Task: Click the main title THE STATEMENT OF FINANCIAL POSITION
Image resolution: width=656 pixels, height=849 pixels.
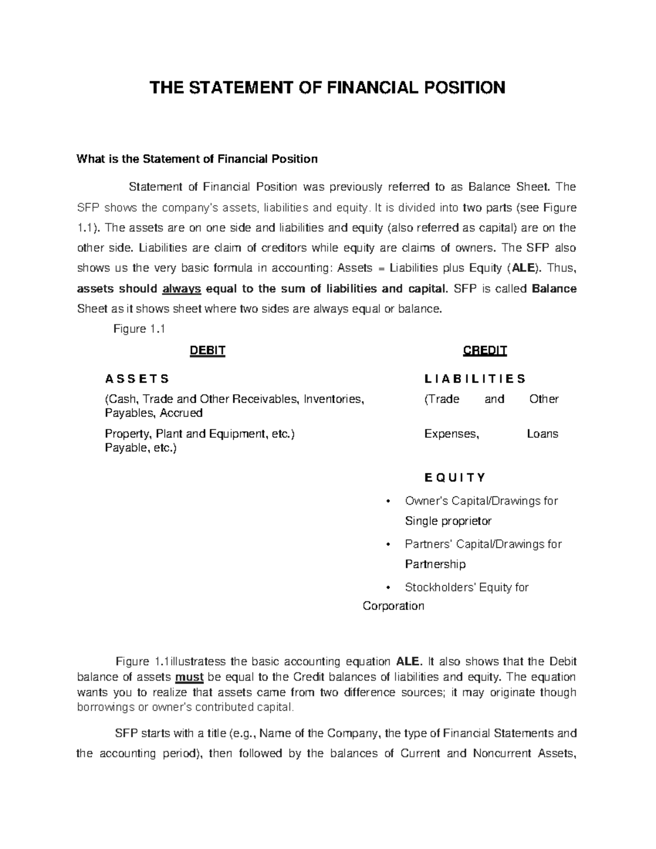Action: (328, 87)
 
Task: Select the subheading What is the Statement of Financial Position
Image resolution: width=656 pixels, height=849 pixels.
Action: (197, 159)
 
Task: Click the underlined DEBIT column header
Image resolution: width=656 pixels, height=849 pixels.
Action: (207, 351)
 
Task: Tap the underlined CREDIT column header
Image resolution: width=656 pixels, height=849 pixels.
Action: (485, 351)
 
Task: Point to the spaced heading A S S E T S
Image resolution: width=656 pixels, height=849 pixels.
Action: (137, 379)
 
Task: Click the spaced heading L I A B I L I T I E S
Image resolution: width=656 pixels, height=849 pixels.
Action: (475, 379)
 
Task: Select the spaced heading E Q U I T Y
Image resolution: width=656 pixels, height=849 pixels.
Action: (454, 478)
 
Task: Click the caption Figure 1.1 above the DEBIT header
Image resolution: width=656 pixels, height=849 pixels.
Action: (139, 329)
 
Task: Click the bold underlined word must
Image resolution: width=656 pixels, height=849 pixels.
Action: (189, 677)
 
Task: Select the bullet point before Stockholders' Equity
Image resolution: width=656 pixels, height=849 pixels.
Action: (388, 588)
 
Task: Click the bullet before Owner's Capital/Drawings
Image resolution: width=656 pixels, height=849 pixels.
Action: (388, 501)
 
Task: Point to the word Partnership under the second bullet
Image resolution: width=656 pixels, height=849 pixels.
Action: (435, 564)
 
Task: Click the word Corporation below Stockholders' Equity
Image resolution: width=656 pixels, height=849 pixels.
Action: (393, 606)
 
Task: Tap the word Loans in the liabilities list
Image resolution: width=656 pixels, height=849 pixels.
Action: (542, 434)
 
